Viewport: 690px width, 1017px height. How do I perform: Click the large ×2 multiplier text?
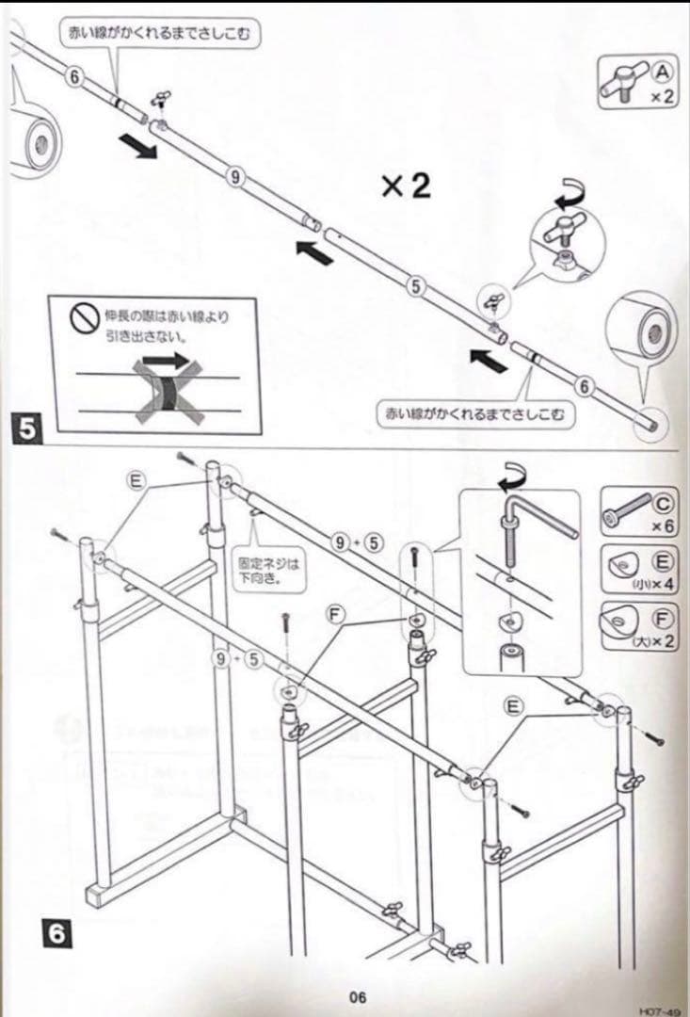click(406, 186)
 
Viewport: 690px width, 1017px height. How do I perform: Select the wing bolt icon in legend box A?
click(623, 84)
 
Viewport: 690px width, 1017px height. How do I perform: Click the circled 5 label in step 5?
click(413, 286)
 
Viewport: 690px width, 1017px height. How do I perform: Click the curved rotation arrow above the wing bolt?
click(570, 195)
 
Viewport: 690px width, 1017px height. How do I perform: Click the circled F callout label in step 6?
click(334, 612)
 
